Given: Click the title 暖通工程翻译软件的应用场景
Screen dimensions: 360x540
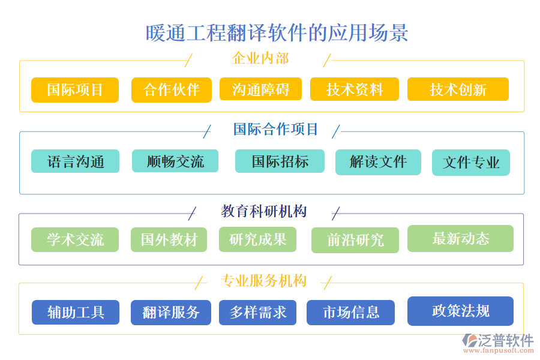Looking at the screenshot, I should click(277, 33).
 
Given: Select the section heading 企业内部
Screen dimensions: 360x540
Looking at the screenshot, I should click(260, 58).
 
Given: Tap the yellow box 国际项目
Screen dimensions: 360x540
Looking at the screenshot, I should click(75, 90).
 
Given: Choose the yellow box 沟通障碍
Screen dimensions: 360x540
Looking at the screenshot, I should click(260, 89).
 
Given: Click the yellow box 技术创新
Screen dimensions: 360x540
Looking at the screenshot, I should click(458, 89).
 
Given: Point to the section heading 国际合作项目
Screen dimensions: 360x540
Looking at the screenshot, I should click(275, 129).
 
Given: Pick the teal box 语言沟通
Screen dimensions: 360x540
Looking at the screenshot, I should click(76, 161).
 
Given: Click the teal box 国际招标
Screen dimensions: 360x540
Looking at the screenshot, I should click(280, 161).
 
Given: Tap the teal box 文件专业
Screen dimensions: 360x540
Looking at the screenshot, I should click(471, 163).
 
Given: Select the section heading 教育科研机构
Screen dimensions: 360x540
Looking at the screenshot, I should click(264, 211).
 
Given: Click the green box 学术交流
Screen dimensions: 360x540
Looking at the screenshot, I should click(75, 239).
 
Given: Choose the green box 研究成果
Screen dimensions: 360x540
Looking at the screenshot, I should click(259, 239).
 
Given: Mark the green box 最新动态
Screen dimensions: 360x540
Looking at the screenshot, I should click(460, 238).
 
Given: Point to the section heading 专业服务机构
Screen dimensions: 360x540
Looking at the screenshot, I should click(264, 281).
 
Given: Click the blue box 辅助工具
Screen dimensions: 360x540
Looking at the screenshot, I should click(76, 312).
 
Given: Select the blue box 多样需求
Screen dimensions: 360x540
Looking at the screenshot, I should click(258, 312).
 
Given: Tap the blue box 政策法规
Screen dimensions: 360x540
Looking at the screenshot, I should click(460, 311).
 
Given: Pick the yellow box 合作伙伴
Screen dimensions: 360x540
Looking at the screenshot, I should click(172, 90).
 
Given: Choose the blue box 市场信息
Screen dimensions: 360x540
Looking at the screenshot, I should click(351, 313).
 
